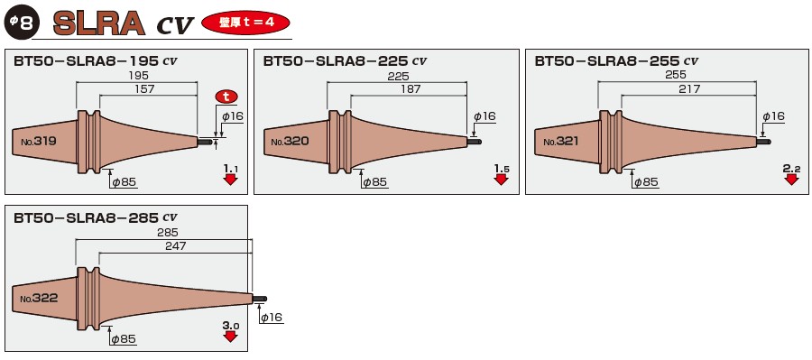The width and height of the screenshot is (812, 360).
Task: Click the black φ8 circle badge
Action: point(21,23)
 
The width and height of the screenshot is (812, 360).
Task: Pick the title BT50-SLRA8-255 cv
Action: point(616,62)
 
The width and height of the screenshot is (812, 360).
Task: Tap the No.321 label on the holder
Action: point(559,142)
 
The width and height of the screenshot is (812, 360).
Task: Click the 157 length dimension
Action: point(144,89)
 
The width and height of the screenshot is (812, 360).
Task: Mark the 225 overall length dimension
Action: point(397,78)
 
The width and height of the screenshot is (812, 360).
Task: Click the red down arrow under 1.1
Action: point(230,179)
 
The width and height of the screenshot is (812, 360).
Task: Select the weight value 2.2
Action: point(791,168)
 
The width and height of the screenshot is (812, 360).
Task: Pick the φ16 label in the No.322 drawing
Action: point(272,318)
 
